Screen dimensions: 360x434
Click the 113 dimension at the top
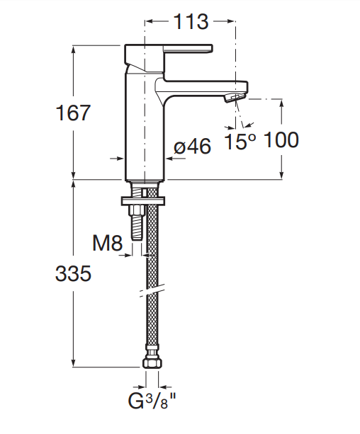point(191,21)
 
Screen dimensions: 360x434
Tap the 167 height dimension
point(73,113)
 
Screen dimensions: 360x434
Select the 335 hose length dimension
point(73,273)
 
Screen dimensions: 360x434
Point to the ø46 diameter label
point(192,146)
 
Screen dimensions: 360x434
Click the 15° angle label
point(240,142)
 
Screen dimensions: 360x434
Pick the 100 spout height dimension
point(281,139)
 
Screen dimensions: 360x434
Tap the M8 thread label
point(107,243)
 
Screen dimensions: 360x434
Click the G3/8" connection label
point(152,401)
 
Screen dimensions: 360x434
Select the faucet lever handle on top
point(168,59)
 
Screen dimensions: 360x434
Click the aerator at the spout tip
point(235,98)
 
